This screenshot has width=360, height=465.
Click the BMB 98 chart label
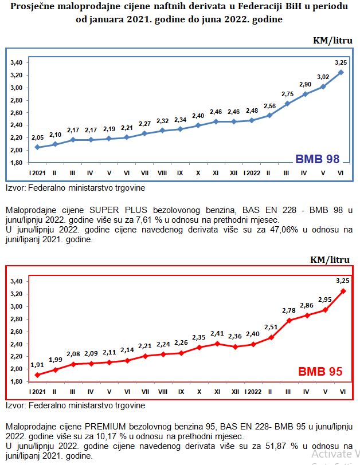click(318, 159)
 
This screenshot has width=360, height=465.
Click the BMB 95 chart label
click(320, 372)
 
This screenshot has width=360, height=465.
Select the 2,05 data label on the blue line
click(38, 137)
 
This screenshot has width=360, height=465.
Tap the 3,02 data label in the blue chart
click(323, 77)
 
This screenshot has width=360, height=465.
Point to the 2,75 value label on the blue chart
click(287, 94)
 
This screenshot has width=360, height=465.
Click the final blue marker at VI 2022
click(341, 72)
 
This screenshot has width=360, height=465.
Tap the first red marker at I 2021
click(37, 375)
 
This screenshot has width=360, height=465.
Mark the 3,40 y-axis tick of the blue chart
click(17, 62)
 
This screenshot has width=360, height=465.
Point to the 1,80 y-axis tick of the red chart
click(17, 382)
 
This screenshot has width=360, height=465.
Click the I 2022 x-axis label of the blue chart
click(252, 173)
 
